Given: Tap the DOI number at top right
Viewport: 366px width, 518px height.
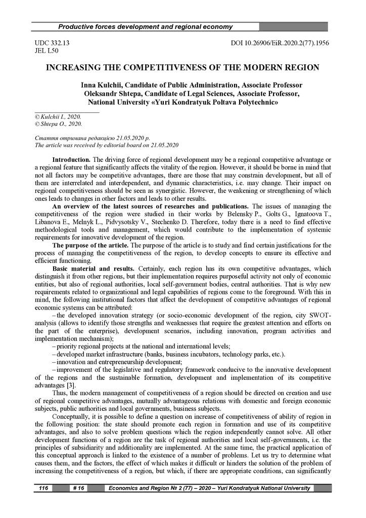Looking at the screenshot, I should click(280, 44).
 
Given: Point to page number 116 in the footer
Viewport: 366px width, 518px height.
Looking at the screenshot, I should click(42, 488).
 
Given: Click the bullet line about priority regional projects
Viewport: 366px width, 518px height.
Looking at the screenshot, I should click(143, 346).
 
